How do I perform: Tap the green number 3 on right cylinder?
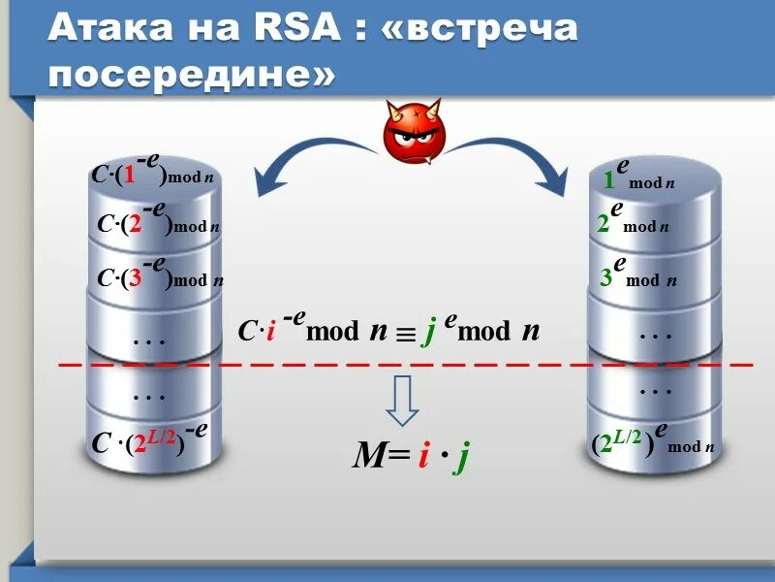[605, 278]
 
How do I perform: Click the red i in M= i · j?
[423, 455]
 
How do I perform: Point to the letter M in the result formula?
[368, 455]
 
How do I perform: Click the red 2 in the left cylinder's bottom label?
[139, 444]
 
